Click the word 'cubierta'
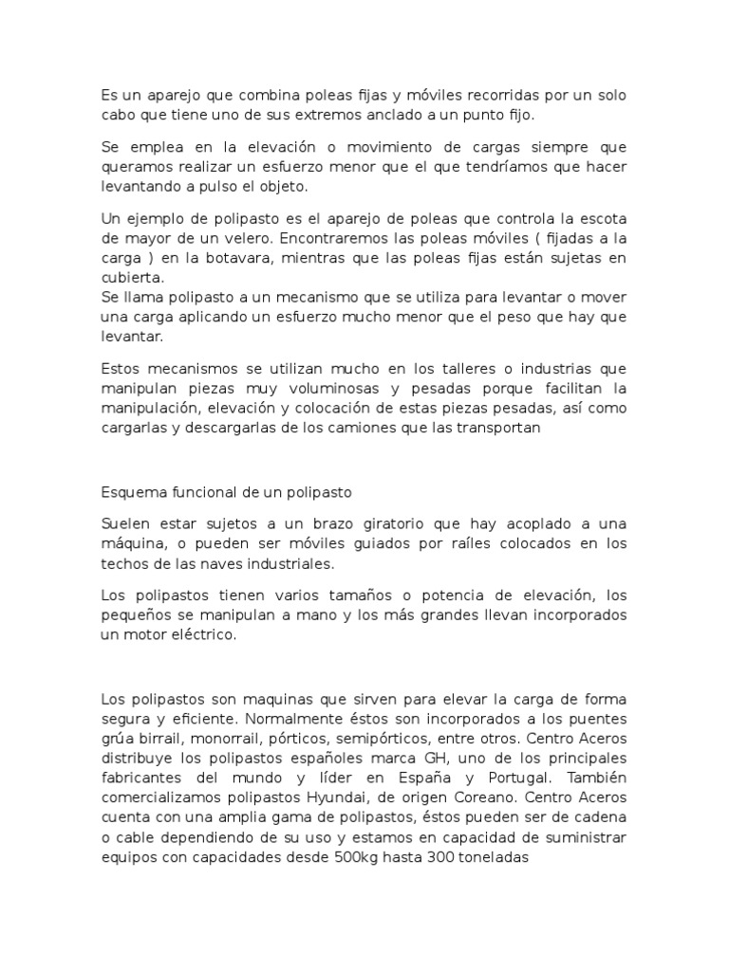(132, 278)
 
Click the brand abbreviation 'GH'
(404, 757)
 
